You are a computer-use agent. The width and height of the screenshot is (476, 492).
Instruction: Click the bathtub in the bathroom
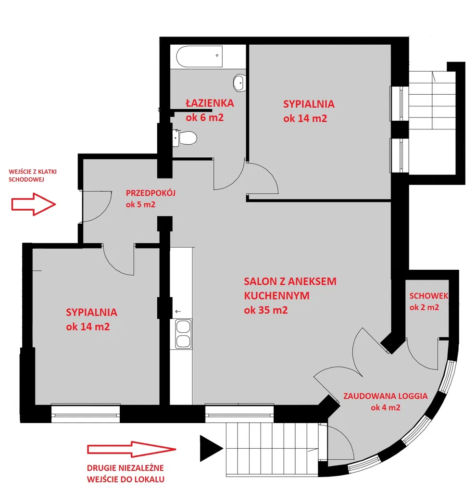coord(200,56)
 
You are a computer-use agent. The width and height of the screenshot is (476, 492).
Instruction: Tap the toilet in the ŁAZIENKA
coord(185,138)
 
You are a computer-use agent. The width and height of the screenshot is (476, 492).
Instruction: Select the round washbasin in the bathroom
coord(239,83)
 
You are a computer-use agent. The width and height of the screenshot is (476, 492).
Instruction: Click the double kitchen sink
coord(183,334)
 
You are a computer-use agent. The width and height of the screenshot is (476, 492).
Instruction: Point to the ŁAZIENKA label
coord(210,103)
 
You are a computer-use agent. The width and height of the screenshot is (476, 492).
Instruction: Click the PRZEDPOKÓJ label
coord(150,193)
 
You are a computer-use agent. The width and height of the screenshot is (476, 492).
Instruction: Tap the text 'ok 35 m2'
coord(266,310)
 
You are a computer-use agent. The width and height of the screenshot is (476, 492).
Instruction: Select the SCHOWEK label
coord(428,296)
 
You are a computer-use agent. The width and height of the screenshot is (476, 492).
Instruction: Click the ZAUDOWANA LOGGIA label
coord(385,396)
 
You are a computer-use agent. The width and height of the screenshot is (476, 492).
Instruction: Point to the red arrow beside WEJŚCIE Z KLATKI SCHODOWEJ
coord(34,204)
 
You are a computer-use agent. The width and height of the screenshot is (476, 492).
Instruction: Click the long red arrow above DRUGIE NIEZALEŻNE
coord(131,449)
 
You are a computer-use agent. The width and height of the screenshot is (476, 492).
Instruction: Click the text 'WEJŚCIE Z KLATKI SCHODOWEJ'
coord(33,176)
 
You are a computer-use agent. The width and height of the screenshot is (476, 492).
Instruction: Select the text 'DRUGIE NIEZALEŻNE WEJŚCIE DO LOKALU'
coord(125,474)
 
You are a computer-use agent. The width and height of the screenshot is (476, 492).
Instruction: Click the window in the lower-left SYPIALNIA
coord(86,413)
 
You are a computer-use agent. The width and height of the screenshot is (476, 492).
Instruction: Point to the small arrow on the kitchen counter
coord(178,311)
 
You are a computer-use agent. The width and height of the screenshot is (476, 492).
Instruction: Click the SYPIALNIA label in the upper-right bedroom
coord(309,104)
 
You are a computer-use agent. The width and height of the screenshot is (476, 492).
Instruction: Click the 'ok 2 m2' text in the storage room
coord(424,307)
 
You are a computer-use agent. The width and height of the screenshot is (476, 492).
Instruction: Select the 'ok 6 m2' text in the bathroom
coord(204,117)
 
